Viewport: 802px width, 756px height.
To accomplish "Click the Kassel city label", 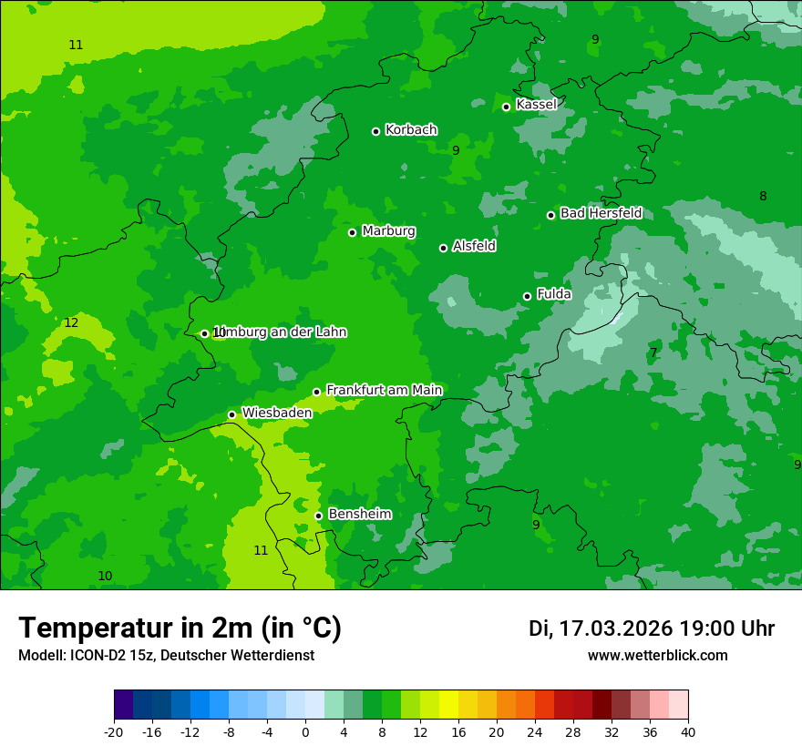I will pyautogui.click(x=536, y=105).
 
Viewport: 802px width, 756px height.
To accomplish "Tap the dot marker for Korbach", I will pyautogui.click(x=375, y=131).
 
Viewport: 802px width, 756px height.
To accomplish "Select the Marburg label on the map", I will pyautogui.click(x=388, y=231).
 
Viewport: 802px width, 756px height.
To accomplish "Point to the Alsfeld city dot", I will pyautogui.click(x=443, y=248).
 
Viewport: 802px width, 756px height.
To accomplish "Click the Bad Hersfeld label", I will pyautogui.click(x=601, y=213).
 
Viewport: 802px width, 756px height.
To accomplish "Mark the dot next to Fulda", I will pyautogui.click(x=527, y=296).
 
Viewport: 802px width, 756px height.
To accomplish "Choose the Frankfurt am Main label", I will pyautogui.click(x=384, y=390).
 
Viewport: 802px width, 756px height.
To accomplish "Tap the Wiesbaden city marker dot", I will pyautogui.click(x=231, y=414).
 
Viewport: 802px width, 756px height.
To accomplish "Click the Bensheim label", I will pyautogui.click(x=359, y=514).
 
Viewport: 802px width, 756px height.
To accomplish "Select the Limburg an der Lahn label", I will pyautogui.click(x=279, y=332).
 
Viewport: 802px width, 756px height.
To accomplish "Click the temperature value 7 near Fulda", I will pyautogui.click(x=653, y=352).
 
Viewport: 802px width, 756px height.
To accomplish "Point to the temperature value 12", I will pyautogui.click(x=71, y=322).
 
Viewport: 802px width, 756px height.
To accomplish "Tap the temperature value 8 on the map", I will pyautogui.click(x=763, y=196).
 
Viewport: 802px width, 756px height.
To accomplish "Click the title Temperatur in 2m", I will pyautogui.click(x=180, y=628).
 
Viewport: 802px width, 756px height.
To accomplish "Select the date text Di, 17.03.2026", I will pyautogui.click(x=601, y=628).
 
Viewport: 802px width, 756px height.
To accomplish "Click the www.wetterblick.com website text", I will pyautogui.click(x=657, y=656).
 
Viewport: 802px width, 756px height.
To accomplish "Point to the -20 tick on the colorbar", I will pyautogui.click(x=114, y=730).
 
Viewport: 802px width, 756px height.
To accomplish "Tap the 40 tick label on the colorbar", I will pyautogui.click(x=688, y=730).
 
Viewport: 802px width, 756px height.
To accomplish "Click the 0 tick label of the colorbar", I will pyautogui.click(x=305, y=730).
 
